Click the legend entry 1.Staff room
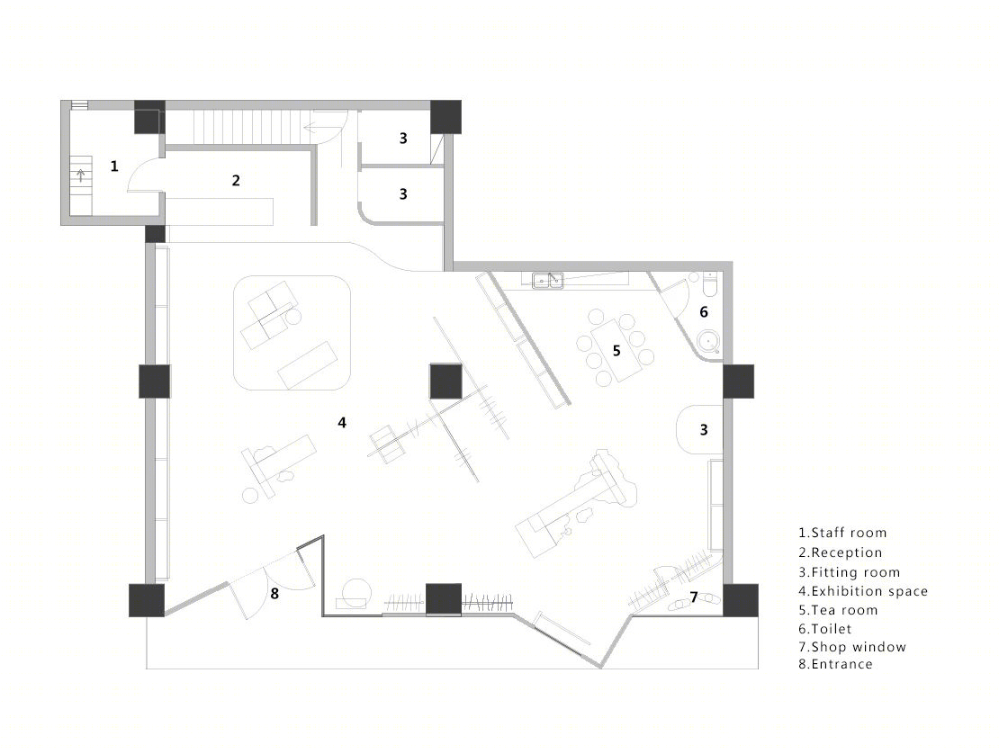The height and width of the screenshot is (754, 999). (x=842, y=533)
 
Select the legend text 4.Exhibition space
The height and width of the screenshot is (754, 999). (x=863, y=592)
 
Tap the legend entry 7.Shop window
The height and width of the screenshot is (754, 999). (x=852, y=647)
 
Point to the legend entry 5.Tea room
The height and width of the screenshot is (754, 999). (x=838, y=610)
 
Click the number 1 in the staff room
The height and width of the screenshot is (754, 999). (x=114, y=166)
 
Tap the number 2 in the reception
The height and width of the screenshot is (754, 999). (x=236, y=180)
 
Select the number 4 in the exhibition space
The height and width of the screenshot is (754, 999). (x=342, y=422)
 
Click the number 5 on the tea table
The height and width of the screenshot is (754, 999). (x=616, y=350)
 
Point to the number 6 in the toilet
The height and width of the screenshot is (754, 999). (x=704, y=311)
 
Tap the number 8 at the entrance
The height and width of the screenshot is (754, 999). (x=274, y=594)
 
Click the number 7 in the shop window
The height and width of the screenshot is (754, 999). (x=694, y=597)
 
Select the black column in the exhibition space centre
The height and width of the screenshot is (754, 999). (x=445, y=381)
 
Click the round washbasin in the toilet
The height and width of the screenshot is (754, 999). (x=708, y=342)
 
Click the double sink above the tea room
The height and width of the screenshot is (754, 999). (x=548, y=280)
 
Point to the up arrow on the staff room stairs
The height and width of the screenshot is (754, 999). (x=81, y=175)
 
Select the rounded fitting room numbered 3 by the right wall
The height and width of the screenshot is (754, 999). (x=699, y=429)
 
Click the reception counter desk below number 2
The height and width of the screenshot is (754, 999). (x=220, y=211)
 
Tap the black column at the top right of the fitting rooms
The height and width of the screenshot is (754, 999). (x=446, y=117)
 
